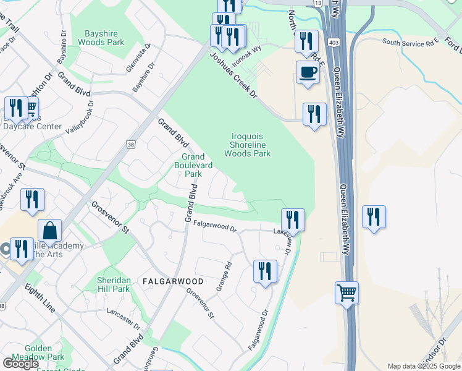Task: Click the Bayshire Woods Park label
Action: [x=101, y=37]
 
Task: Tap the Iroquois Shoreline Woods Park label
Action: [x=247, y=145]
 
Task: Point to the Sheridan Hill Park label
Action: [x=113, y=284]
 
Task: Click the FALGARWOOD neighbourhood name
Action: [x=173, y=281]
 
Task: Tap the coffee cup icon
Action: [x=308, y=72]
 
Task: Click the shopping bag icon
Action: [x=49, y=231]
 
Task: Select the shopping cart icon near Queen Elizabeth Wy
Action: [x=346, y=292]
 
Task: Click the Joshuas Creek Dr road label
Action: [x=233, y=75]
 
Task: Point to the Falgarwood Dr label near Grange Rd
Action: [x=214, y=227]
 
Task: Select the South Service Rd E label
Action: [x=410, y=43]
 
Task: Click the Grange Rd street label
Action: [x=224, y=276]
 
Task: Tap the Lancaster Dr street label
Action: [x=123, y=315]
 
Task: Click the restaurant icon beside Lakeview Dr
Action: [x=293, y=219]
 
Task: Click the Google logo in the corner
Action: [x=20, y=364]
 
